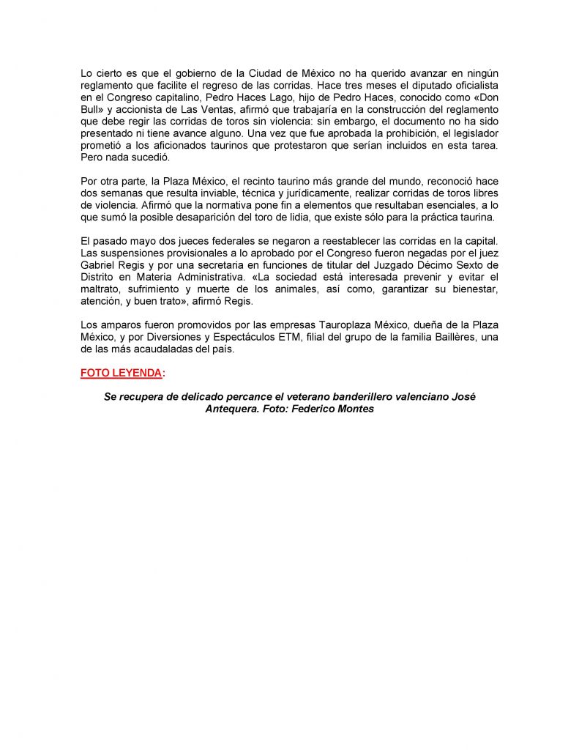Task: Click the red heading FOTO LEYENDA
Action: click(121, 373)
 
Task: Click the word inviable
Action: click(197, 193)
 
